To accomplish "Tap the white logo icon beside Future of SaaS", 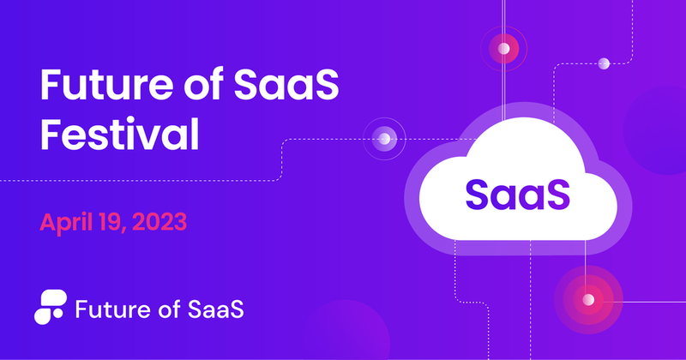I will (x=51, y=307).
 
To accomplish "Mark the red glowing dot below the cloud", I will (x=588, y=300).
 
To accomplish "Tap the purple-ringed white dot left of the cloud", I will (x=385, y=138).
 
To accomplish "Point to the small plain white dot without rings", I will (x=604, y=63).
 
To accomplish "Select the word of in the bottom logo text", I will (x=160, y=308).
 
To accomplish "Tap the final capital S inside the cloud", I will (x=555, y=194).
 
